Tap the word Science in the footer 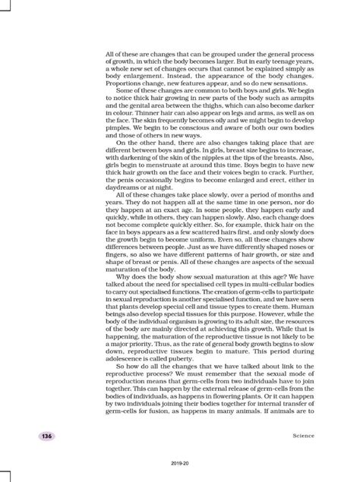tap(302, 434)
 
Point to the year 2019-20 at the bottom tap(180, 462)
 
